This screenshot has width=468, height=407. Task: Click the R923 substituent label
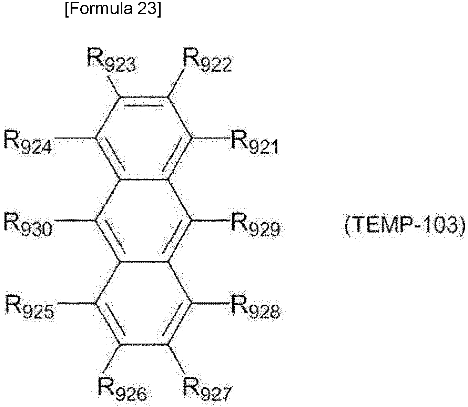click(111, 60)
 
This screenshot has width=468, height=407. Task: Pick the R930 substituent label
click(28, 224)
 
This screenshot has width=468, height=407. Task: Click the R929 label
click(255, 224)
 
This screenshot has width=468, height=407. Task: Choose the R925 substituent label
click(30, 307)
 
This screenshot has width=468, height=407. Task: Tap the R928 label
click(255, 307)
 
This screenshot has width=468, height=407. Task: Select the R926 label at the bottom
click(122, 389)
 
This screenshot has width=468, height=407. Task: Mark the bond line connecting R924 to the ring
click(74, 138)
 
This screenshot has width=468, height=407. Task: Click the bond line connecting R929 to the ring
click(210, 221)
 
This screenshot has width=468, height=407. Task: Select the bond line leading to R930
click(76, 221)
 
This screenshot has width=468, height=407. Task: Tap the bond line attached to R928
click(210, 303)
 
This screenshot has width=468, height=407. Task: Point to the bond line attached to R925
click(77, 303)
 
